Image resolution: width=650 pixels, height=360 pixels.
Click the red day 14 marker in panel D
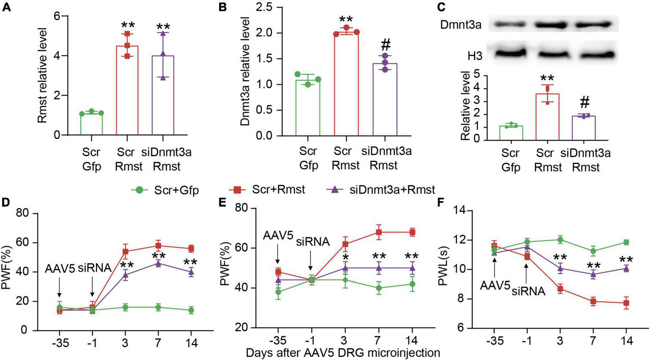pos(191,248)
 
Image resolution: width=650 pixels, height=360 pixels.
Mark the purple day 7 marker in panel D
pos(158,263)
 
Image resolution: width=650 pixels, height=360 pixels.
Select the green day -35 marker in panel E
pos(278,292)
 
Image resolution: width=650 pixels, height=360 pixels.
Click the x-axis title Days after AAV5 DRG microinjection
pos(343,353)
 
